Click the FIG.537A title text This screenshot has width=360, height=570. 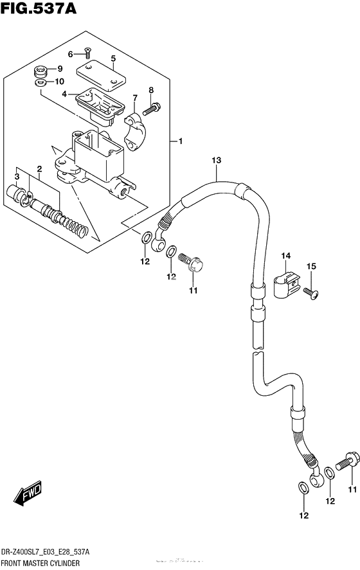39,8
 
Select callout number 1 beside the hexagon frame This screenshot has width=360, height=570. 180,141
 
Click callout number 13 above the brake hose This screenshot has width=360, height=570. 217,160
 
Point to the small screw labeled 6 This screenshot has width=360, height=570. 87,53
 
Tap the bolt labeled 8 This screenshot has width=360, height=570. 151,109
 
